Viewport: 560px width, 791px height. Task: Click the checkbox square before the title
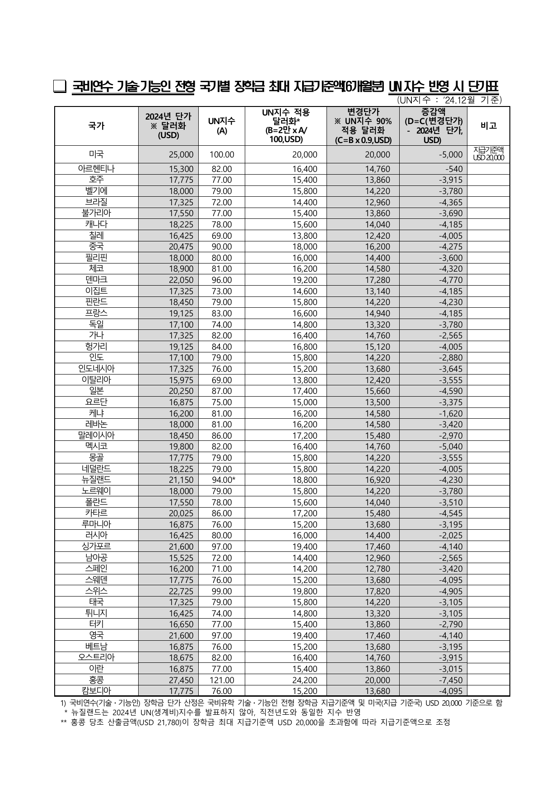(x=60, y=87)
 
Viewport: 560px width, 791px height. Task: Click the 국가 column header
(x=96, y=126)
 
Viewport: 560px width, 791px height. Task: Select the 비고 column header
(x=489, y=126)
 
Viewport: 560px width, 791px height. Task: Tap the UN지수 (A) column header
(x=221, y=126)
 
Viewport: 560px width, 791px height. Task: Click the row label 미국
(x=96, y=154)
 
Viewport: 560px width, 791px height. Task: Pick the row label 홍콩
(x=96, y=680)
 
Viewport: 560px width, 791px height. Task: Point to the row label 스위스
(x=96, y=591)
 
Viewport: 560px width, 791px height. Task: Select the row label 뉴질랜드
(x=96, y=480)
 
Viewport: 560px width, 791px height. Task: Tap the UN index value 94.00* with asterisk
(x=224, y=480)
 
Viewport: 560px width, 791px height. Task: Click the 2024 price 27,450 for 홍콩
(x=181, y=680)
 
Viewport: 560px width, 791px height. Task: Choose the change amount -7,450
(x=450, y=680)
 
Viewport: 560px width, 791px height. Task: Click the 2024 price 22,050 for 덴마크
(x=181, y=280)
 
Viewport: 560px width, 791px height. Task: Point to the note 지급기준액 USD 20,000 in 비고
(x=489, y=154)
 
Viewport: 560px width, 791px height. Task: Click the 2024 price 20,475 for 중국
(x=181, y=247)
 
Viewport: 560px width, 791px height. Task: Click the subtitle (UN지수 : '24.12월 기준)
(x=449, y=100)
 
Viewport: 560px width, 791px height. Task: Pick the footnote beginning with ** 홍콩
(x=255, y=722)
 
